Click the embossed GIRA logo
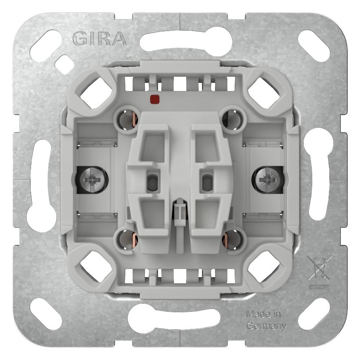[x=100, y=39]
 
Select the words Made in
[x=263, y=314]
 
